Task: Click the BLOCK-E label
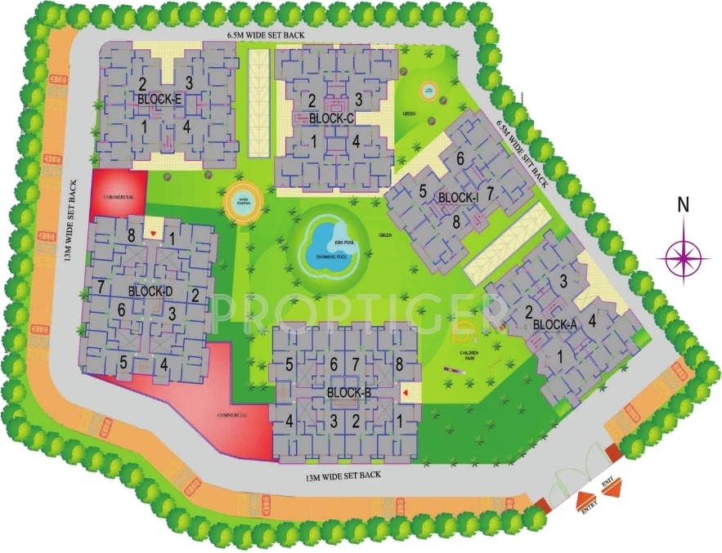click(x=159, y=99)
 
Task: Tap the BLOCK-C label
click(x=331, y=118)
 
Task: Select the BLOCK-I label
click(x=457, y=198)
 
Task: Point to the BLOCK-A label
click(x=554, y=324)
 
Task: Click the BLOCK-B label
click(x=348, y=393)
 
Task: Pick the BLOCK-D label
click(x=151, y=292)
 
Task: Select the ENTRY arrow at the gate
click(x=586, y=501)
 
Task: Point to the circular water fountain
click(x=242, y=201)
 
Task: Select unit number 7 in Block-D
click(x=100, y=286)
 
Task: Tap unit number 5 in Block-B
click(x=289, y=364)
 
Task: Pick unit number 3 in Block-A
click(x=563, y=282)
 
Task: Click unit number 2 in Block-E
click(x=142, y=83)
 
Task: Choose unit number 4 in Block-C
click(x=357, y=140)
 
